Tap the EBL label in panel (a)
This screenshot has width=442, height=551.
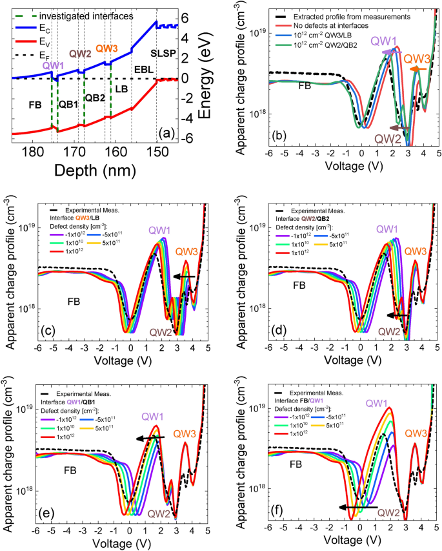click(x=144, y=67)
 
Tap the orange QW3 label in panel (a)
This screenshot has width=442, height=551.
click(x=107, y=48)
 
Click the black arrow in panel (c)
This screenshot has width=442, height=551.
click(x=187, y=276)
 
